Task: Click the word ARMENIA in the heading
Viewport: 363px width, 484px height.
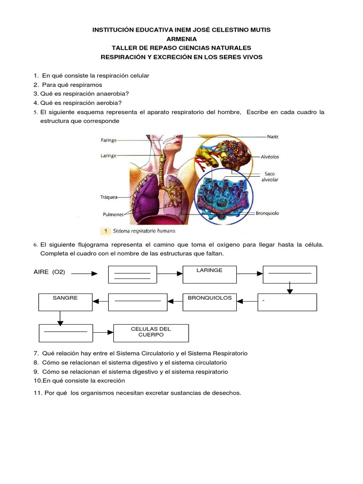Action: (181, 39)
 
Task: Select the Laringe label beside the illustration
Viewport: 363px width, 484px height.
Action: (109, 155)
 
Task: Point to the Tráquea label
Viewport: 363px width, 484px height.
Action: (109, 197)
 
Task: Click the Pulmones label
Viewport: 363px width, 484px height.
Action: (113, 214)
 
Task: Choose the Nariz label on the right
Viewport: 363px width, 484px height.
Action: (273, 137)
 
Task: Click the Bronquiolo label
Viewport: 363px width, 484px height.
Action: (268, 213)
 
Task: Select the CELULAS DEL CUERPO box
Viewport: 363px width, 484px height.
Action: (151, 333)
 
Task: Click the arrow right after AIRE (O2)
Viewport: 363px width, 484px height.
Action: (85, 273)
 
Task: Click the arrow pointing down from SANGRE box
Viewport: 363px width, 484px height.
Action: (60, 318)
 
